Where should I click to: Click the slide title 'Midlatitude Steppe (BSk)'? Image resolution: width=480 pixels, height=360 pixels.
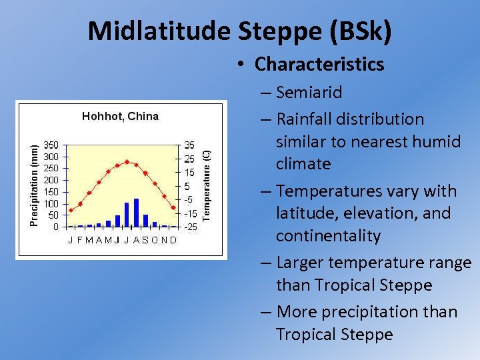tap(240, 30)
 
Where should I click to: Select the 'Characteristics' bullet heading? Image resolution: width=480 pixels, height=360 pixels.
tap(319, 64)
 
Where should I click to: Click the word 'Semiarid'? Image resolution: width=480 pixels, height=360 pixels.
tap(309, 92)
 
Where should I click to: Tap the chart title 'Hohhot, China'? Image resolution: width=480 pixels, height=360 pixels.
tap(120, 117)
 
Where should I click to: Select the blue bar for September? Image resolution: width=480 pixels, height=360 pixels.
tap(145, 221)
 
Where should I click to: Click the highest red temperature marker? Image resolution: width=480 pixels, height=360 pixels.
tap(127, 162)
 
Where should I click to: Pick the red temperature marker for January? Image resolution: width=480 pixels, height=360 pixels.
tap(71, 211)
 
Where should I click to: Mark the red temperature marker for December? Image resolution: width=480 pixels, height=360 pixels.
tap(173, 208)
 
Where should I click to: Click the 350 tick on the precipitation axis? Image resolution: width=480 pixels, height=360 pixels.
tap(51, 145)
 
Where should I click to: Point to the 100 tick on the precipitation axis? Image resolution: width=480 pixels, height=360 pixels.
tap(51, 203)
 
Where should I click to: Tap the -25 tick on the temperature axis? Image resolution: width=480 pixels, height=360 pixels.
tap(190, 227)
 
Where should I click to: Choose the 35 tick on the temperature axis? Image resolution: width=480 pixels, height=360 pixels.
tap(190, 145)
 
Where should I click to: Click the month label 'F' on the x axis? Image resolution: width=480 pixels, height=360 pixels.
tap(79, 240)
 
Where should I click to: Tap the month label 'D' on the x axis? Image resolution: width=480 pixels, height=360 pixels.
tap(173, 240)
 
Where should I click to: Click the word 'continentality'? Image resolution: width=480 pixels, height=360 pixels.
tap(329, 236)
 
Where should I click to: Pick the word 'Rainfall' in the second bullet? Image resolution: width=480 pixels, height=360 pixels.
tap(304, 119)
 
